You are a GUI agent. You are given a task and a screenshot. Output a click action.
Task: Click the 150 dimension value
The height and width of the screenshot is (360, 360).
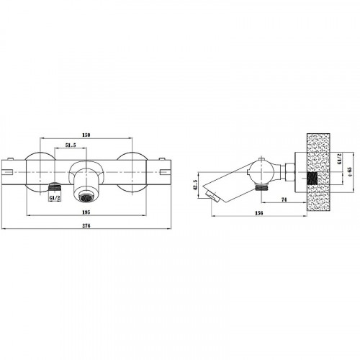(x=86, y=135)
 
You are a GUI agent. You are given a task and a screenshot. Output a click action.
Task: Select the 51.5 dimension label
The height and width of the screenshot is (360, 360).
(x=71, y=145)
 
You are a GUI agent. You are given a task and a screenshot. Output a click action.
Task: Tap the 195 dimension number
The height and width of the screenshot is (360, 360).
(x=86, y=212)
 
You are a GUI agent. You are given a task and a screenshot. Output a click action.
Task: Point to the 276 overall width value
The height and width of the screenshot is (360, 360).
(x=86, y=225)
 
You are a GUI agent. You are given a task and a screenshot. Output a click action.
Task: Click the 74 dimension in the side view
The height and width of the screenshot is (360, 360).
(x=284, y=199)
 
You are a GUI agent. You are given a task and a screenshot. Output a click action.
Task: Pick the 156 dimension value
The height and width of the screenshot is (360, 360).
(x=259, y=213)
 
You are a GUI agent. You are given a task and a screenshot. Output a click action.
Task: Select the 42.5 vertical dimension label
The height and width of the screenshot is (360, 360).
(x=195, y=185)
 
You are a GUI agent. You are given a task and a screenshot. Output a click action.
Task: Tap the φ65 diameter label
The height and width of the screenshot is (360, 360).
(x=349, y=172)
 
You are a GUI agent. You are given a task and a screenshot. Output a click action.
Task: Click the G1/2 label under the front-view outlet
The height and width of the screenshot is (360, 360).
(x=55, y=198)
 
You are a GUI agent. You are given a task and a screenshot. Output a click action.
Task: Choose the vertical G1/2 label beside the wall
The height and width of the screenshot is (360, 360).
(x=339, y=159)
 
